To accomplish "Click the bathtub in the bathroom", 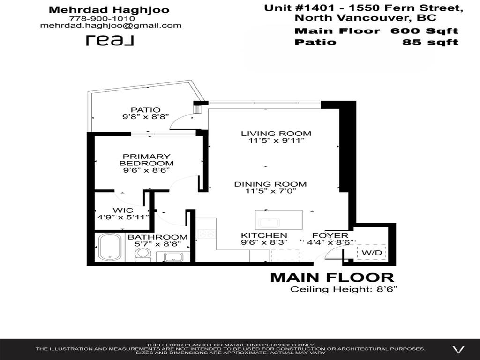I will pyautogui.click(x=110, y=247).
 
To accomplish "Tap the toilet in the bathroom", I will pyautogui.click(x=142, y=254).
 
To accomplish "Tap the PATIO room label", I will pyautogui.click(x=145, y=110).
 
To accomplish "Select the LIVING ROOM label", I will pyautogui.click(x=276, y=134).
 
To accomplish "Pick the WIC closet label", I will pyautogui.click(x=123, y=210).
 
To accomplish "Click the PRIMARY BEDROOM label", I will pyautogui.click(x=146, y=159).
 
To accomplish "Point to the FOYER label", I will pyautogui.click(x=330, y=235).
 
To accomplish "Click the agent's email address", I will pyautogui.click(x=111, y=26).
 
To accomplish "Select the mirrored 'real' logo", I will pyautogui.click(x=110, y=41).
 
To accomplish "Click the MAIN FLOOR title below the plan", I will pyautogui.click(x=332, y=277).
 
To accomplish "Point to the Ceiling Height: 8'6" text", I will pyautogui.click(x=344, y=289).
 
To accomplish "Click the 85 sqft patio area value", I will pyautogui.click(x=430, y=42).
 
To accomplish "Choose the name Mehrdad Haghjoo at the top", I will pyautogui.click(x=109, y=9).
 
